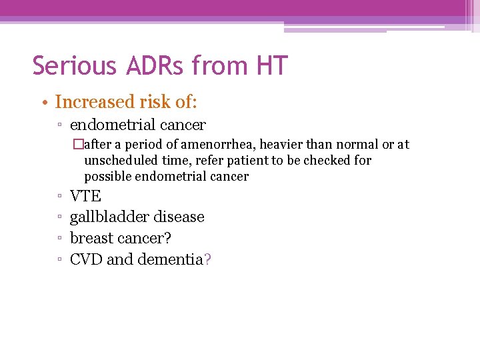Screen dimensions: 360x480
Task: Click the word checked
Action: pos(327,161)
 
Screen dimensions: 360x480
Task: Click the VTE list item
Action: pos(85,197)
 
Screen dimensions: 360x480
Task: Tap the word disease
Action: pos(179,217)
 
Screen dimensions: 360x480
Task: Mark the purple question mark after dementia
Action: pos(208,259)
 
